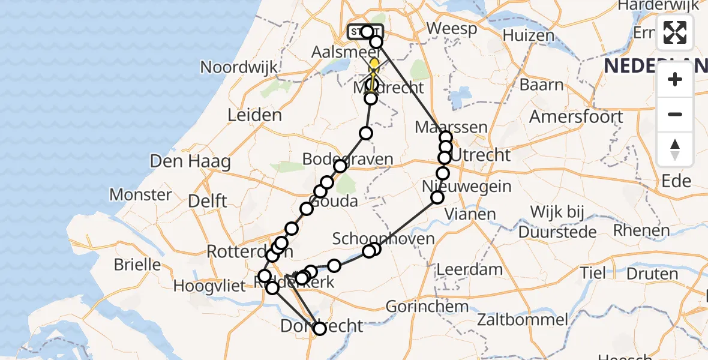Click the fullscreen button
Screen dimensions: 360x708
click(x=675, y=32)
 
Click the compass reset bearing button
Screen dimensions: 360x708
click(x=675, y=149)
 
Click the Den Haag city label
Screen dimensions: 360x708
click(x=190, y=161)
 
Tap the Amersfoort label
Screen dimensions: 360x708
click(x=576, y=116)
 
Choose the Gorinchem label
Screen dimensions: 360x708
click(x=427, y=307)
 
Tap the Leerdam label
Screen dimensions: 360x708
click(x=469, y=269)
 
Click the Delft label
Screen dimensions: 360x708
click(x=207, y=200)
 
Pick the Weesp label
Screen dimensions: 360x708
click(x=452, y=29)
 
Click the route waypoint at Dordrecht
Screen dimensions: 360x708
click(x=319, y=328)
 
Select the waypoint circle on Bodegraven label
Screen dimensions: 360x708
click(x=340, y=166)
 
